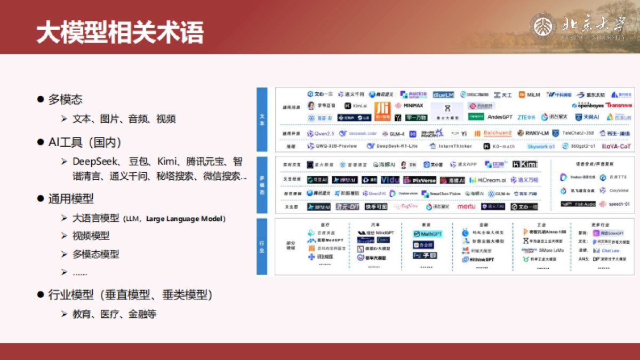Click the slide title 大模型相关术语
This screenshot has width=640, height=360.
click(x=120, y=32)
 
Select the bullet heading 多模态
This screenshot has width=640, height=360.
click(x=65, y=99)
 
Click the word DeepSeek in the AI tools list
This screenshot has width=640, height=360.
click(x=92, y=161)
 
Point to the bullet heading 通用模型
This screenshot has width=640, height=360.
click(x=71, y=199)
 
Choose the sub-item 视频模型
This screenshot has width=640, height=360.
click(x=91, y=236)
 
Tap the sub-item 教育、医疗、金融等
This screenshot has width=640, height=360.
click(x=114, y=314)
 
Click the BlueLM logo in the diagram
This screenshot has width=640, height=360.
click(x=443, y=94)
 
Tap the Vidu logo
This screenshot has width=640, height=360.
click(x=390, y=180)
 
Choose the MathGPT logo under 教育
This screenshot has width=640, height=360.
click(x=428, y=234)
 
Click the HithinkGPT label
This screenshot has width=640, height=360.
click(x=478, y=259)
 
